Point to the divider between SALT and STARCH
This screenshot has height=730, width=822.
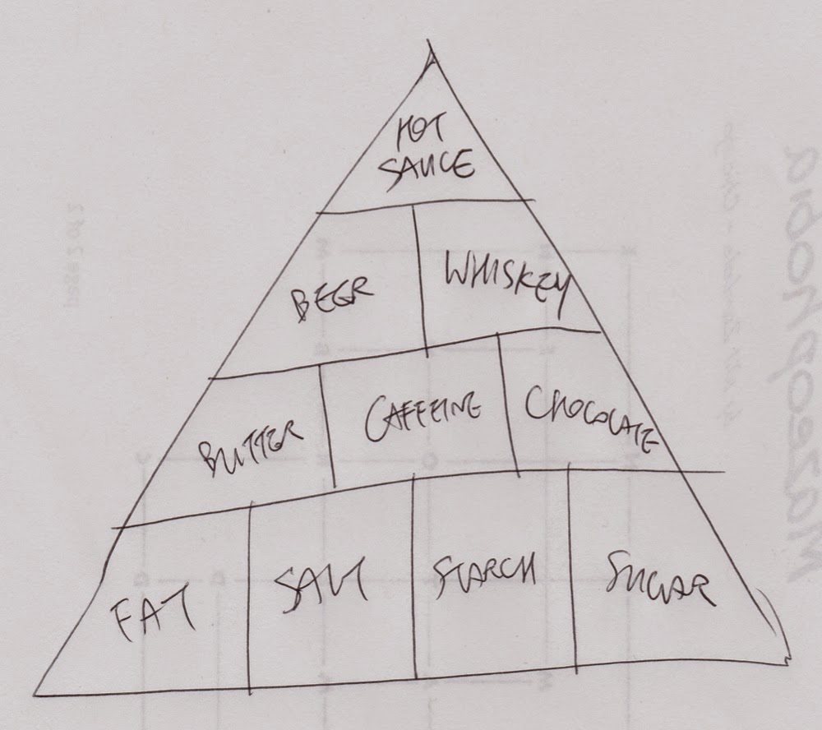(413, 575)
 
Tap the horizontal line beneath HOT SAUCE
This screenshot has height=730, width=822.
(423, 204)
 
